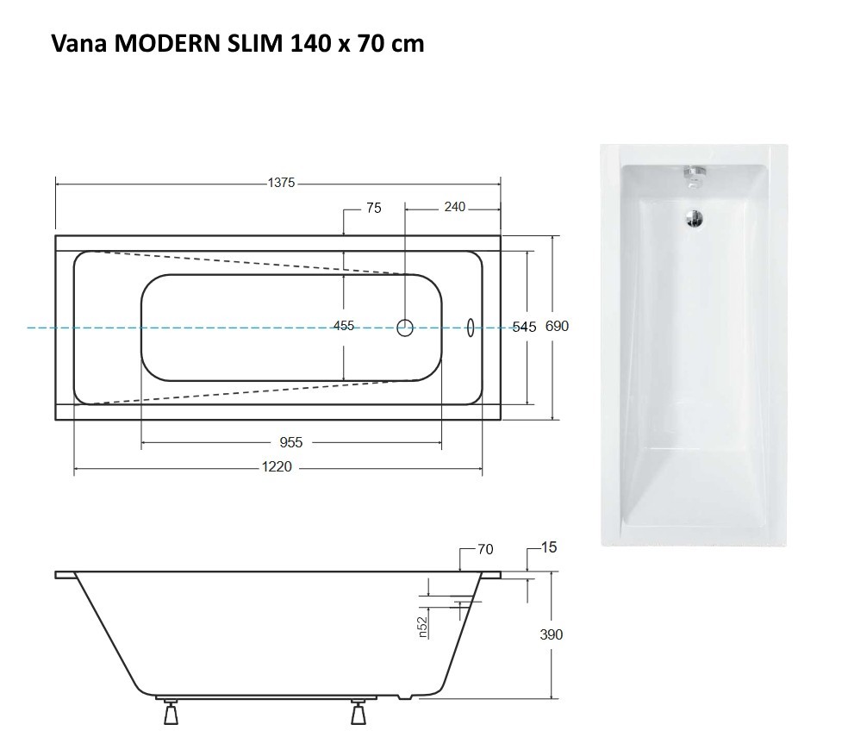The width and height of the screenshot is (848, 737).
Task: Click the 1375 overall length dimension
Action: pos(282,182)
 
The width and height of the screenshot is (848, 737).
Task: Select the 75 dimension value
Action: pos(372,208)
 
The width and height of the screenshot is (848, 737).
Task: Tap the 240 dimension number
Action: pos(454,207)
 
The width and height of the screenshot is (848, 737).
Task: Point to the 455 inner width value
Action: pos(344,326)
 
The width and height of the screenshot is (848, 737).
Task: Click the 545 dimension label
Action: pos(524,327)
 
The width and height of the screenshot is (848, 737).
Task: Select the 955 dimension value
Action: pos(291,442)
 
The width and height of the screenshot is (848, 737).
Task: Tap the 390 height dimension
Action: pos(551,634)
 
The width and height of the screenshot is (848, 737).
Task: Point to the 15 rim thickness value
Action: pos(549,547)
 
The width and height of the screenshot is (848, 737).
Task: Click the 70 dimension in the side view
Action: pos(485,548)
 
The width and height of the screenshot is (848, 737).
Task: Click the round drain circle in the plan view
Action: pos(405,327)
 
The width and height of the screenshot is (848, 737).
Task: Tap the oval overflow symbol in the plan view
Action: pos(471,327)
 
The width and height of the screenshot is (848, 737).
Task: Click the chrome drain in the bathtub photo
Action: pos(693,217)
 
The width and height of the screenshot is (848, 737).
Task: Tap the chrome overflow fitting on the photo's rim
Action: pos(693,173)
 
